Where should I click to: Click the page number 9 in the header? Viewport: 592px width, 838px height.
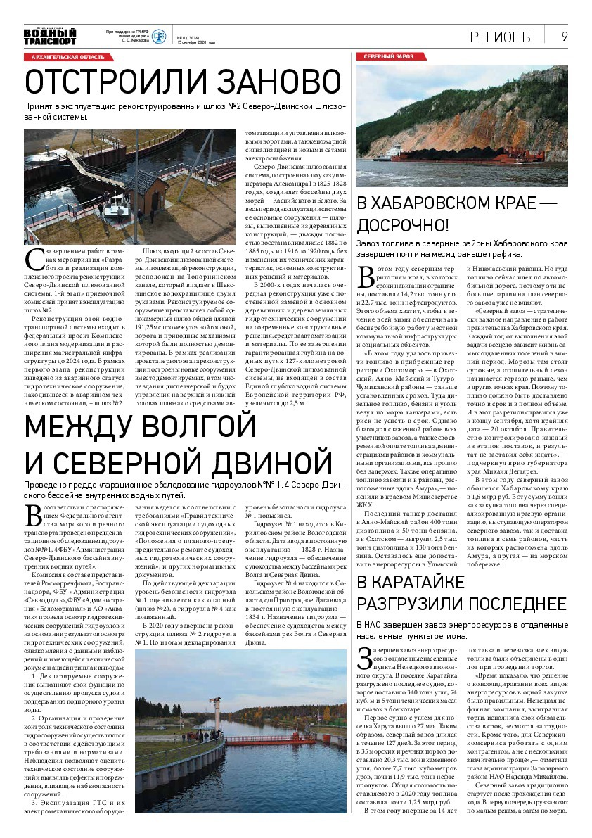click(565, 37)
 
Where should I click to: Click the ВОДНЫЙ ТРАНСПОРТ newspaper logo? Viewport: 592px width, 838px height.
click(49, 36)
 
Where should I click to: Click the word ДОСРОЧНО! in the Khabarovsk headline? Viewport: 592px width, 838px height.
click(402, 226)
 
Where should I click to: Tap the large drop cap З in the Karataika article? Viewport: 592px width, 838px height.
click(364, 656)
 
